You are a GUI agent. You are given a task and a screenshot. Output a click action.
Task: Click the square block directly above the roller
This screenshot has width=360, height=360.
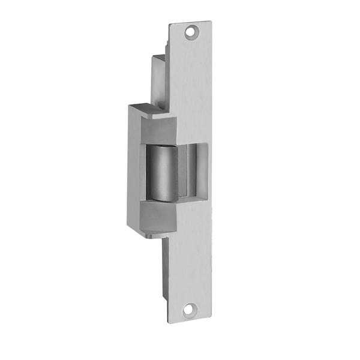158,131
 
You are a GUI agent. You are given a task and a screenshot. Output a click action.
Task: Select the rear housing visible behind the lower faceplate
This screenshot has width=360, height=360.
164,264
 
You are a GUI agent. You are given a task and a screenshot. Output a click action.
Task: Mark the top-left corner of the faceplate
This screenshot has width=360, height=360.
170,25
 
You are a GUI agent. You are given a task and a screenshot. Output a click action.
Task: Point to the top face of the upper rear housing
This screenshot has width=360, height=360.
158,57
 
